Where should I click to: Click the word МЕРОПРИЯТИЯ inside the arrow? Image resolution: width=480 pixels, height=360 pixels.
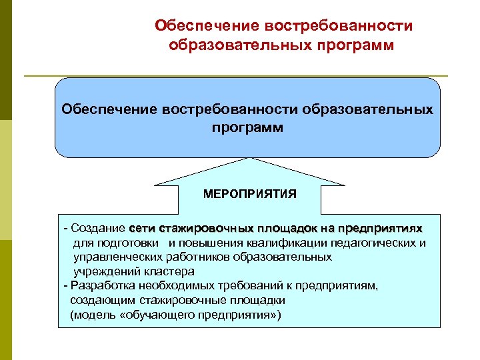click(x=250, y=195)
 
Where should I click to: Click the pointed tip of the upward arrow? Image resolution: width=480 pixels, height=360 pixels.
click(x=250, y=159)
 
